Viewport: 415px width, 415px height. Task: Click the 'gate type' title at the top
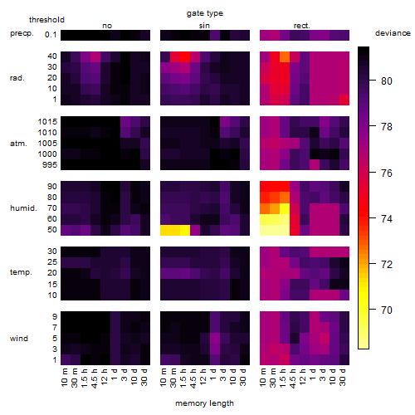tap(205, 13)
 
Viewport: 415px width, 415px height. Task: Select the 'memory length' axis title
tap(205, 403)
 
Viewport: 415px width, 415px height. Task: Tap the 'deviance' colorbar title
tap(393, 33)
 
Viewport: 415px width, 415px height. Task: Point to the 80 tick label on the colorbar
tap(387, 81)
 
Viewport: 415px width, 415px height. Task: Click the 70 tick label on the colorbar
tap(387, 310)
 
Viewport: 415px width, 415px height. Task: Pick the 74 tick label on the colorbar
tap(387, 219)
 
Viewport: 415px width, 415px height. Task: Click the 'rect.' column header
tap(302, 26)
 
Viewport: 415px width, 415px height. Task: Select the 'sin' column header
tap(204, 26)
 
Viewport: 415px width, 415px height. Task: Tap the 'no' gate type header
tap(107, 26)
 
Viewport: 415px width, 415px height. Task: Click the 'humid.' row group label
tap(23, 208)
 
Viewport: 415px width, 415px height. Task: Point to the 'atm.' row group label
tap(18, 144)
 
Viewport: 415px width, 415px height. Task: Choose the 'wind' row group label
tap(19, 339)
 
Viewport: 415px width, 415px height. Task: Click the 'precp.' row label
tap(22, 33)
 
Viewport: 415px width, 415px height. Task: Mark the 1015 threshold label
tap(47, 122)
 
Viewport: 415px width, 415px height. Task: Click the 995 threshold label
tap(50, 165)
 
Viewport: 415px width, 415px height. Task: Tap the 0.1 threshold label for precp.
tap(51, 35)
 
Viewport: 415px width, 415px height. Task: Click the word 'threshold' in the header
tap(46, 20)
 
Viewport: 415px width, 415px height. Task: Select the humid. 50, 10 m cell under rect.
tap(265, 230)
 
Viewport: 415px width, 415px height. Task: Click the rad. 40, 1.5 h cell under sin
tap(185, 56)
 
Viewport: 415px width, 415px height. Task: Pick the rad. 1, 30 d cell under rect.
tap(344, 100)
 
